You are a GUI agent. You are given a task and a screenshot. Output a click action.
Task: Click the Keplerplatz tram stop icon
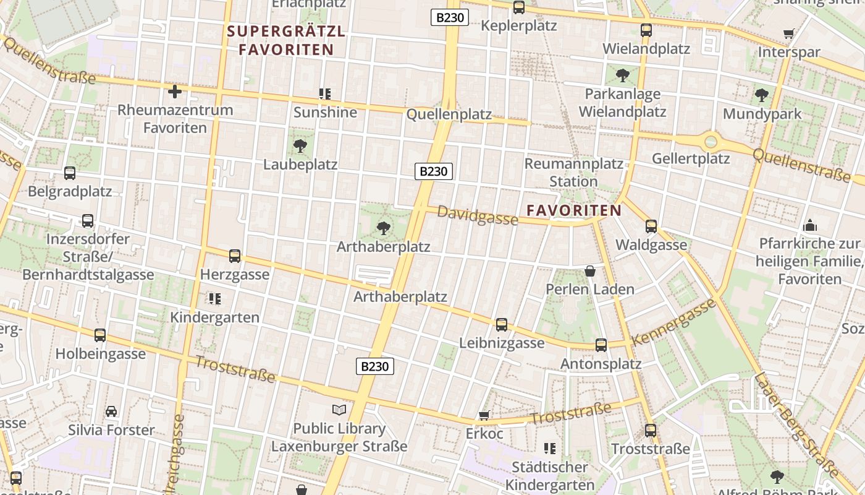(x=519, y=7)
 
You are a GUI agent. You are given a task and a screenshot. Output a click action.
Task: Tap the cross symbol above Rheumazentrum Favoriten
(x=175, y=92)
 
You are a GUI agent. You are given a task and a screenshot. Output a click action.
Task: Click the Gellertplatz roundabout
(x=711, y=141)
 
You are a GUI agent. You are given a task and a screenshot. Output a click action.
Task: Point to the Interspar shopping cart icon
(x=788, y=34)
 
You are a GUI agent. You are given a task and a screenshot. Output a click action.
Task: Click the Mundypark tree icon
(x=762, y=95)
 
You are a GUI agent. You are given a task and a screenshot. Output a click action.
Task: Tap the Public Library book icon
(x=339, y=410)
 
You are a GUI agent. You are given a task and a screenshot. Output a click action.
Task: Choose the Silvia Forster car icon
(x=111, y=411)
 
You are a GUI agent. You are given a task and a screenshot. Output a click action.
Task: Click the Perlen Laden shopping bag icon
(x=589, y=271)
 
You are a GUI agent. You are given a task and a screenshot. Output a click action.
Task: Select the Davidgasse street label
(x=477, y=215)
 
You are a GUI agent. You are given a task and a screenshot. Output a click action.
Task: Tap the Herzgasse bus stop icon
(x=235, y=256)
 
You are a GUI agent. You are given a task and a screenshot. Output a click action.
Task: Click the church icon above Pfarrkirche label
(x=809, y=226)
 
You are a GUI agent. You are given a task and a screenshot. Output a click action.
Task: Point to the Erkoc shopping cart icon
(x=484, y=415)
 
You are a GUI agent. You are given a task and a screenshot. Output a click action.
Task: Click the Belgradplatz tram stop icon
(x=70, y=173)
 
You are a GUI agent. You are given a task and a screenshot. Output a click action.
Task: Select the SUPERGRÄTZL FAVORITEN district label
(x=286, y=40)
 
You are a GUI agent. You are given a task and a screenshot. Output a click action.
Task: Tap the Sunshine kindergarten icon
(x=325, y=94)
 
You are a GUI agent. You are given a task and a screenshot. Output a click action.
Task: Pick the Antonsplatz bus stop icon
(x=601, y=345)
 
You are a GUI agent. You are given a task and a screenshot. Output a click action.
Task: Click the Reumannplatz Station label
(x=573, y=173)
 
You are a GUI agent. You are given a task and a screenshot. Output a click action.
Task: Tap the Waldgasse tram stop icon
(x=651, y=226)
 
